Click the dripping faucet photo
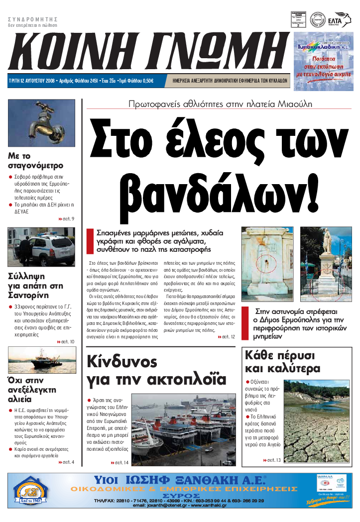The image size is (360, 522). coord(41,124)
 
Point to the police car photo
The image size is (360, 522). coord(41,247)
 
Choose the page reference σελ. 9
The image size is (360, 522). coord(66,218)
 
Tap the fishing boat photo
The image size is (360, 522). coord(41,359)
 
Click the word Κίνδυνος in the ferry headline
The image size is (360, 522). coord(122,361)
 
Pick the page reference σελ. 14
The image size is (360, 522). coord(119,463)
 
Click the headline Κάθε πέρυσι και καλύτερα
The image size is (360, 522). coord(281,362)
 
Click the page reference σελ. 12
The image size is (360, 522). coord(226,337)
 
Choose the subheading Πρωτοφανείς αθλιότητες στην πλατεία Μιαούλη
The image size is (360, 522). coord(220,104)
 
